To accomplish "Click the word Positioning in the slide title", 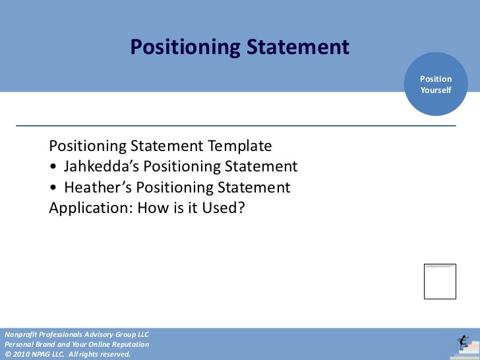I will pos(185,47).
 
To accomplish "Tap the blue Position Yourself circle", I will pos(436,84).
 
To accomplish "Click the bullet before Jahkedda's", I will pos(53,167).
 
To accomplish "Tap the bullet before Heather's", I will pos(53,188).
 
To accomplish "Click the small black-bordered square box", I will pos(440,281).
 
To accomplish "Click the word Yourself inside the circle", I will pos(436,90).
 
